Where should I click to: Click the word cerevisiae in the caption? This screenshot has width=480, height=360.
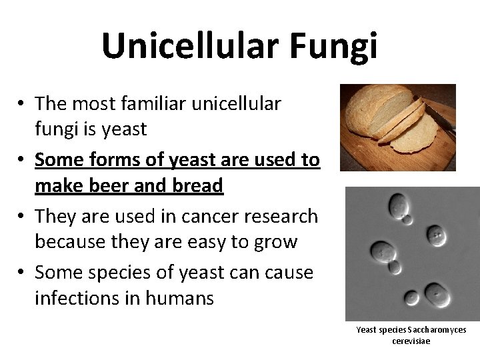pyautogui.click(x=411, y=341)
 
